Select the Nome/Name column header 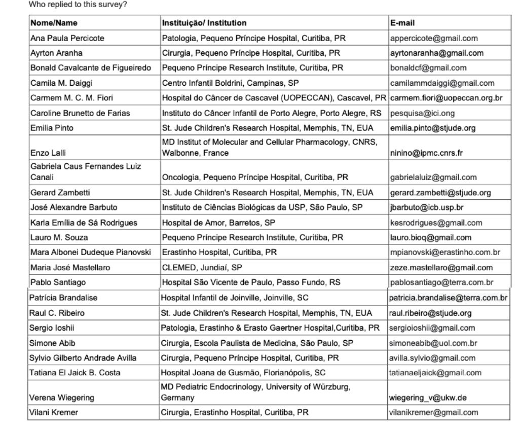pyautogui.click(x=54, y=23)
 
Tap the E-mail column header pyautogui.click(x=403, y=23)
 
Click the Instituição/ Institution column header pyautogui.click(x=204, y=23)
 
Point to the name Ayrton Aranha pyautogui.click(x=56, y=53)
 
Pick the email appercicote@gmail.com pyautogui.click(x=434, y=38)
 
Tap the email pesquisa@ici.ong pyautogui.click(x=419, y=113)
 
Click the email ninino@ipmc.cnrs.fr pyautogui.click(x=427, y=153)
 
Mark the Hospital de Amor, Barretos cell pyautogui.click(x=218, y=223)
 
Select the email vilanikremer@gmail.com pyautogui.click(x=434, y=412)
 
